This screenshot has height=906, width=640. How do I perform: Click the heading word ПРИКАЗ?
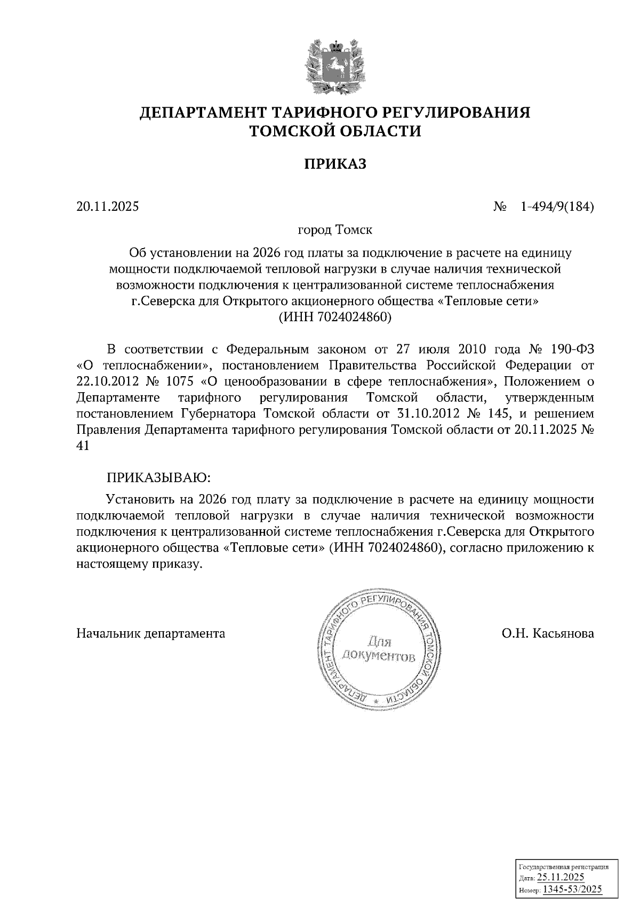coord(335,164)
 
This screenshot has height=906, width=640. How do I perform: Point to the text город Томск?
coord(335,230)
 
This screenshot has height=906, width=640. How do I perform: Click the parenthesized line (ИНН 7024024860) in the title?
coord(335,317)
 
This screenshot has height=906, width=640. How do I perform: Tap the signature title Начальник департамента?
coord(151,633)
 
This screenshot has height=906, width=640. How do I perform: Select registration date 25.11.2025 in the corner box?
coord(561,878)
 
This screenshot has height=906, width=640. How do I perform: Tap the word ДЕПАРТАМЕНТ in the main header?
coord(207,113)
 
